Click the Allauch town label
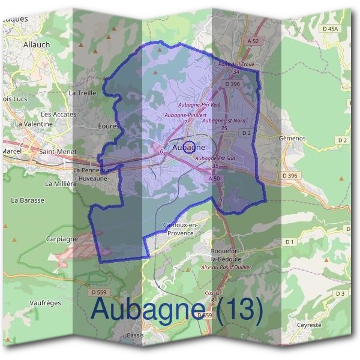[x=37, y=44]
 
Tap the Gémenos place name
[x=292, y=138]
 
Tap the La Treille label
[x=82, y=93]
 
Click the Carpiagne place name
[x=62, y=238]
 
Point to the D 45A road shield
[x=330, y=28]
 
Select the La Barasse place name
[x=28, y=200]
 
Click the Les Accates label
[x=58, y=114]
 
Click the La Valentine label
[x=34, y=124]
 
